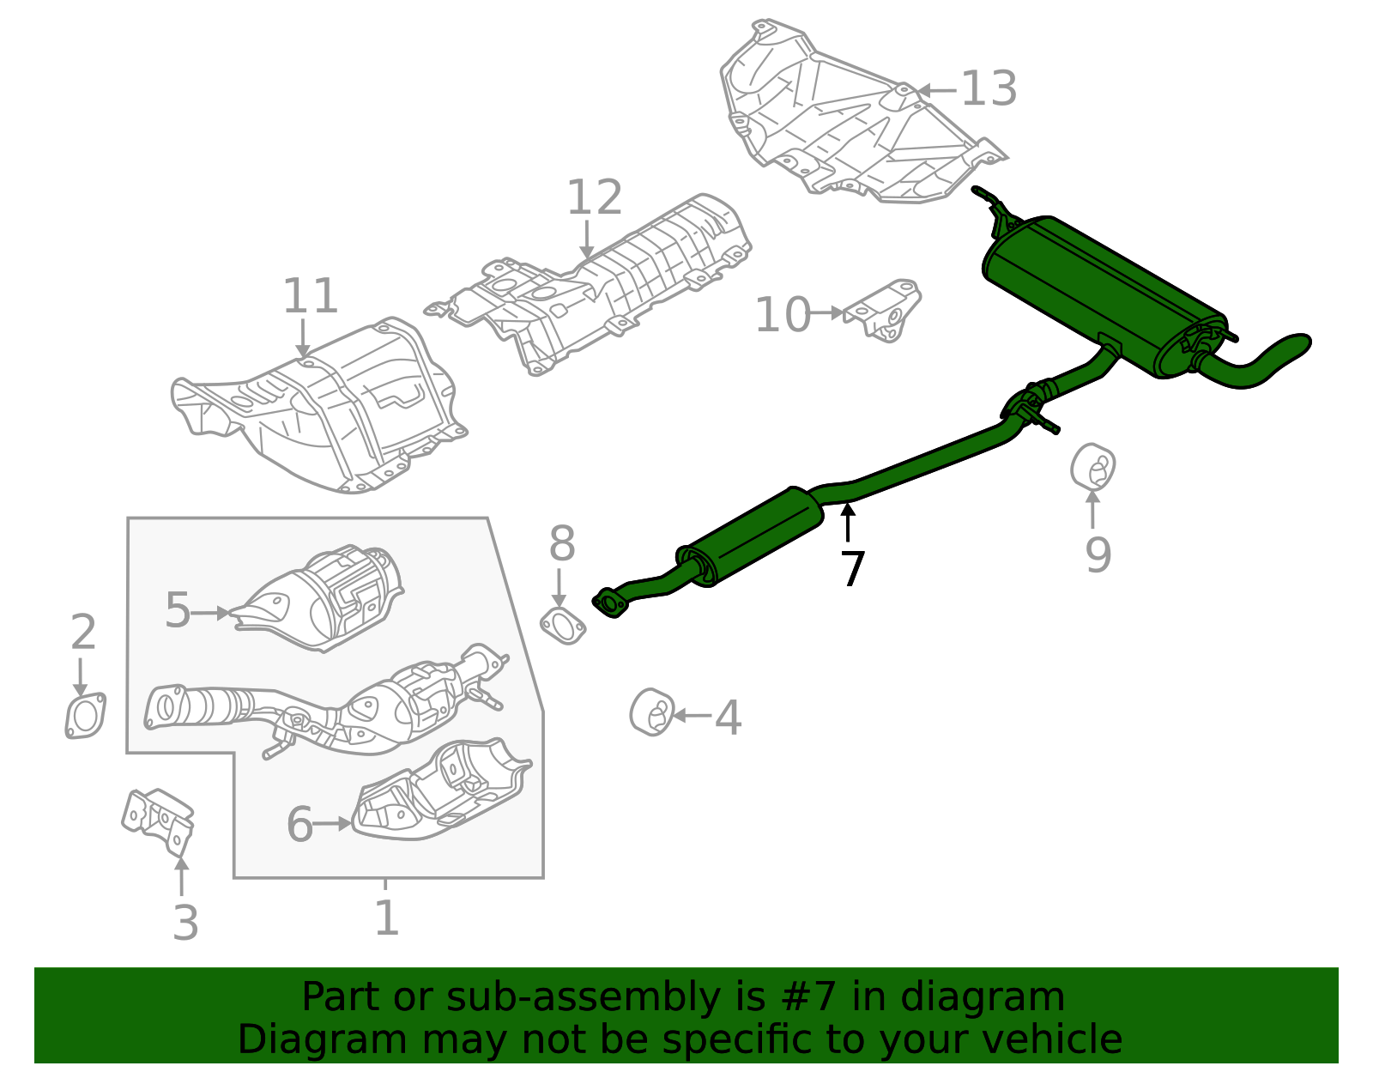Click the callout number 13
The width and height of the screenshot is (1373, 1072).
click(989, 88)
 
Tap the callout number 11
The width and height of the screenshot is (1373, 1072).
click(310, 296)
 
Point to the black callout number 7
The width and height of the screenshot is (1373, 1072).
click(851, 568)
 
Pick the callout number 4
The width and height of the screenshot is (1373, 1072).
click(728, 718)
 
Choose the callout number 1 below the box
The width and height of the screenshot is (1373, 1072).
click(386, 918)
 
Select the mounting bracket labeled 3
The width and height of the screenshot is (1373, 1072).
click(160, 820)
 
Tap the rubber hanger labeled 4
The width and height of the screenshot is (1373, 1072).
click(651, 712)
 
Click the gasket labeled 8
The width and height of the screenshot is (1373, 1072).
click(563, 626)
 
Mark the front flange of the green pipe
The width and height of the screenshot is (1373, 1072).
click(610, 603)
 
